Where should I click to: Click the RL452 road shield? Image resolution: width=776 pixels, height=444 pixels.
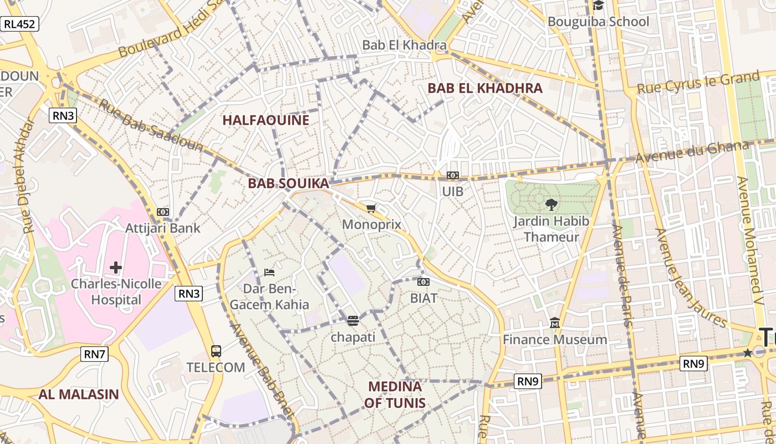19,24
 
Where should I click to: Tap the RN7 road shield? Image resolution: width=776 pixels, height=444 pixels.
94,354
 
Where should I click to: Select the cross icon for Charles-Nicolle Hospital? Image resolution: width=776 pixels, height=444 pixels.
115,268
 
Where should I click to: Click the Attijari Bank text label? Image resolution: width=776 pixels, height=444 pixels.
162,228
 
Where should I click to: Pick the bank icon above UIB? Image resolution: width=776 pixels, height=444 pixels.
453,175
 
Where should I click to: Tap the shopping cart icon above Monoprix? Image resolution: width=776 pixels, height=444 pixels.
371,209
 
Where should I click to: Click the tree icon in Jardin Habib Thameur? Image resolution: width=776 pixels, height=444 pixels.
552,205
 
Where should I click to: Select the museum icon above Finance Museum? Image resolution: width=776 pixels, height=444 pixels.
554,323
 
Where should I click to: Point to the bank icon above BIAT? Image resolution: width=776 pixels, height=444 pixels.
423,282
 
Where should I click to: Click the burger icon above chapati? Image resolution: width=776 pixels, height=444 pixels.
353,321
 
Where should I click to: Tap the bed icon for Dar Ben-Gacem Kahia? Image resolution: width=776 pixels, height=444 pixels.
269,273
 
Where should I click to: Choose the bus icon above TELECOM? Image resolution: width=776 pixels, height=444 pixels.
216,351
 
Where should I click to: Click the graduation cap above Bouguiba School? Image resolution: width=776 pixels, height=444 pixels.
598,6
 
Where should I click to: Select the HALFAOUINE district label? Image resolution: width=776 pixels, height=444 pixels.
266,120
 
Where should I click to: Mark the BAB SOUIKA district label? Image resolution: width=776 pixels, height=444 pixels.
288,183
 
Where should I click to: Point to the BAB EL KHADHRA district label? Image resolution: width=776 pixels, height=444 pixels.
484,88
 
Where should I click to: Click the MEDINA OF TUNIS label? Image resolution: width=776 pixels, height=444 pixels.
395,395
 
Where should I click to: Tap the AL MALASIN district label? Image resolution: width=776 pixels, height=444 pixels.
78,395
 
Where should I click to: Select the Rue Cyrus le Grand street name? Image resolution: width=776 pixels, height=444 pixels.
698,83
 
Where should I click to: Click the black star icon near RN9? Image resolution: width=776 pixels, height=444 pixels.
747,352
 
